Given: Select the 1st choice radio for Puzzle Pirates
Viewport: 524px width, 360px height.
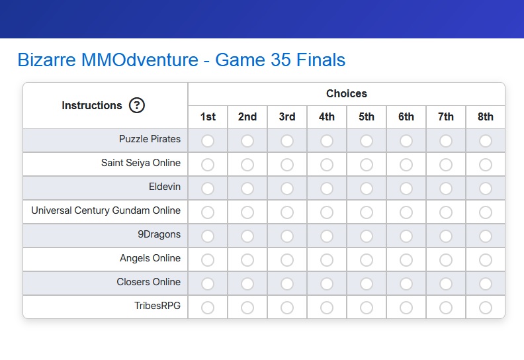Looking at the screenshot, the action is point(208,141).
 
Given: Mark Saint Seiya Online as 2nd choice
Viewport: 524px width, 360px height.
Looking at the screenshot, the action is point(247,165).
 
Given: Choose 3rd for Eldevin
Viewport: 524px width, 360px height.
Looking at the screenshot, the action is point(287,189).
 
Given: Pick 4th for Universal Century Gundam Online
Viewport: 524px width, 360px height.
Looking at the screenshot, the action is point(326,212).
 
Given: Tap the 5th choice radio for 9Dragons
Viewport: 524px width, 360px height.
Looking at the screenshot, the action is point(367,236).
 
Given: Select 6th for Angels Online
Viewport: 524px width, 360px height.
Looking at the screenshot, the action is point(406,259).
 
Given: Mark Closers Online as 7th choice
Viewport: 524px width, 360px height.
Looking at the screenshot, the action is point(446,284).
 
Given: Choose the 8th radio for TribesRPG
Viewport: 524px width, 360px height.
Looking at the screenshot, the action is point(485,308).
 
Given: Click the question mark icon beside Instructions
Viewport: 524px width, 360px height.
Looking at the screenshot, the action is point(137,105).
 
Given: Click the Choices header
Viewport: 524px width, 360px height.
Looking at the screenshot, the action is point(347,93).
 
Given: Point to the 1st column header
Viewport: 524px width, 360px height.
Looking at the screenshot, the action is point(208,116).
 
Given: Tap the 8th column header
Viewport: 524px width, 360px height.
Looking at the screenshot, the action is point(485,116).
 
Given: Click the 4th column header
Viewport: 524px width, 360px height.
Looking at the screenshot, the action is point(326,116).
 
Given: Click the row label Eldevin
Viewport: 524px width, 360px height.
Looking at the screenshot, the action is point(165,187).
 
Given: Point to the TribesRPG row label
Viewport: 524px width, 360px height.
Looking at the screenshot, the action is point(157,306).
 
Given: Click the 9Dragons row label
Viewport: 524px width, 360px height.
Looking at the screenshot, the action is point(159,234).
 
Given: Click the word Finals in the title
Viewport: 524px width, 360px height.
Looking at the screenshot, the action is point(321,60).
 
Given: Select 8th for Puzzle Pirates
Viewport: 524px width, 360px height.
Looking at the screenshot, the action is point(485,141).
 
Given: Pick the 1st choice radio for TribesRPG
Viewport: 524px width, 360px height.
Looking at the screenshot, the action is point(208,308).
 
